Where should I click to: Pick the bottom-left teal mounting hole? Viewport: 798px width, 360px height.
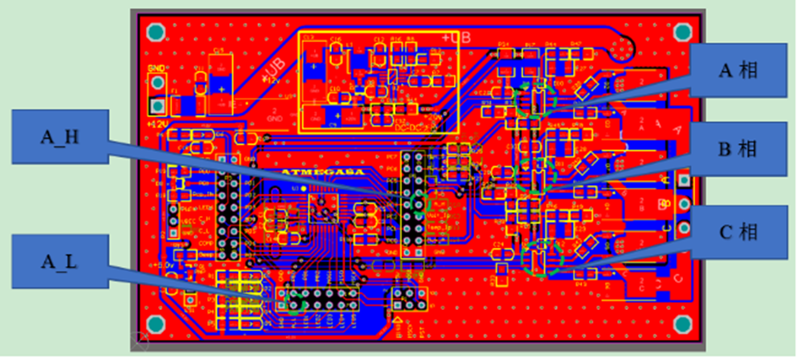click(155, 326)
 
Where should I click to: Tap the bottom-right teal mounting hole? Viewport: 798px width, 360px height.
click(682, 326)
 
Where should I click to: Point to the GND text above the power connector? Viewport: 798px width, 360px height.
click(155, 68)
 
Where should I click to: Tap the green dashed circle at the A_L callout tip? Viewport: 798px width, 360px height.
click(297, 302)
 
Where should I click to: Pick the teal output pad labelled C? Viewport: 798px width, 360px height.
click(684, 230)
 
